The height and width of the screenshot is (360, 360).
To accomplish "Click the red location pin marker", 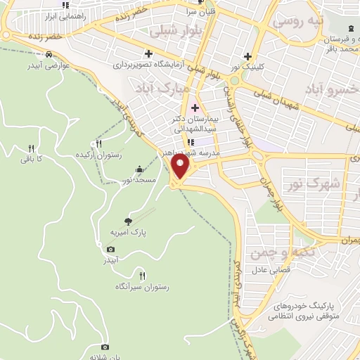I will click(x=181, y=167).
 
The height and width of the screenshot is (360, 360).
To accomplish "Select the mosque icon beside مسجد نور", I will click(x=139, y=169).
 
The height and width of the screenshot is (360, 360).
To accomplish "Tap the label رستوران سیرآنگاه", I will click(x=143, y=287).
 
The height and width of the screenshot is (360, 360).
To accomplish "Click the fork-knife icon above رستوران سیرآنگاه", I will click(x=143, y=276).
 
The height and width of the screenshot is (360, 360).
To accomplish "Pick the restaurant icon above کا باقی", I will click(x=31, y=148).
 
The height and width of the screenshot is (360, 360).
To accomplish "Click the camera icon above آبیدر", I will click(x=110, y=249).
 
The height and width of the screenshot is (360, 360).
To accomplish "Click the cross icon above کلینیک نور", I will click(x=247, y=56).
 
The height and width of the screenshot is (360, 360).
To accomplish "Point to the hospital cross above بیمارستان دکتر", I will click(x=195, y=108).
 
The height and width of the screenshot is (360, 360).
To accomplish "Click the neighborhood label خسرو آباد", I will click(x=330, y=90).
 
